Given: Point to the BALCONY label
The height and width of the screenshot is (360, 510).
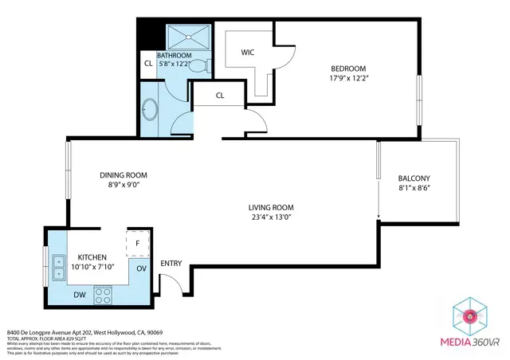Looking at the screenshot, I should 414,178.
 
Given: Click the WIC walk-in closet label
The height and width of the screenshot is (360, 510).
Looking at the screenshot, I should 248,53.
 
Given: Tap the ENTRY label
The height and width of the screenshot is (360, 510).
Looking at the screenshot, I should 171,264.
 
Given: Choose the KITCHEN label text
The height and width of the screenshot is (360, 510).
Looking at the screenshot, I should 92,256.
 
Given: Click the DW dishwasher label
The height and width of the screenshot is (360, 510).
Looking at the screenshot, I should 79,294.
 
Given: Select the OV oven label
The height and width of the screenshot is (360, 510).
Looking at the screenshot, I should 142,268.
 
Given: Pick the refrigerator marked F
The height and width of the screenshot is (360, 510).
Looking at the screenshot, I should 137,242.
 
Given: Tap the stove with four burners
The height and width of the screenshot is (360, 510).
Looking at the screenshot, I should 103,295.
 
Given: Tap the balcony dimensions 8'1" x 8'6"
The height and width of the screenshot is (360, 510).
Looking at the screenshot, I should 414,189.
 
